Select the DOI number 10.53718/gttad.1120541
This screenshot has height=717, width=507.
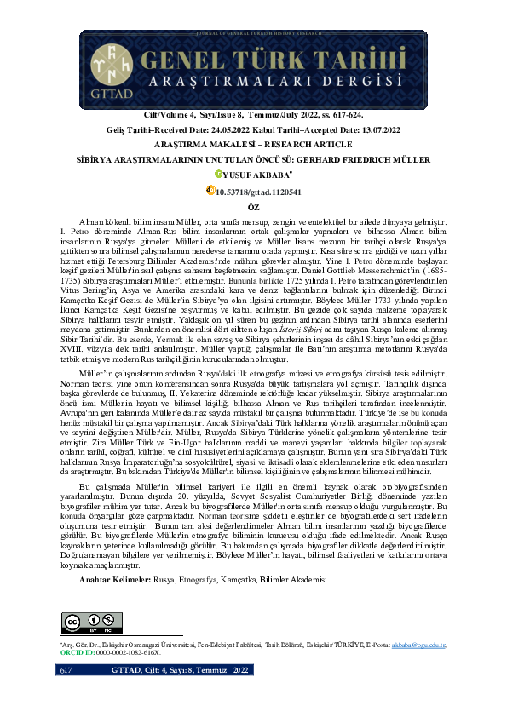coord(258,192)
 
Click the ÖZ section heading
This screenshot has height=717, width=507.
coord(253,206)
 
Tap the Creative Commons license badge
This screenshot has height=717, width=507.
coord(79,620)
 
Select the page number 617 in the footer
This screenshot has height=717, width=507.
coord(66,695)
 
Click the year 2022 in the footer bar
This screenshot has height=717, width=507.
coord(242,695)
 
